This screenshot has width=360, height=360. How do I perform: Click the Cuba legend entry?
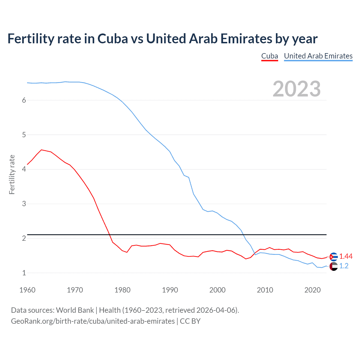(x=269, y=56)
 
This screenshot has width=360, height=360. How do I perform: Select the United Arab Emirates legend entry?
(x=318, y=56)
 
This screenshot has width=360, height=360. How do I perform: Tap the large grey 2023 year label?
(x=296, y=89)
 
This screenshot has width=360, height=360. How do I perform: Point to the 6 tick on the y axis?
(x=24, y=100)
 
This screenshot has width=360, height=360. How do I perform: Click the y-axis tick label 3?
(x=24, y=204)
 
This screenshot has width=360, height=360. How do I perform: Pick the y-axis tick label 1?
(x=24, y=273)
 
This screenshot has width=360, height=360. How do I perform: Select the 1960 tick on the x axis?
(x=27, y=290)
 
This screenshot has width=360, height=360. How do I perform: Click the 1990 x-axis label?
(x=170, y=290)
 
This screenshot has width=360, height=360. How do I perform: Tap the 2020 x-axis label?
(x=312, y=290)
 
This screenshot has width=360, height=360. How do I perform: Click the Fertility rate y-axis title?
(x=12, y=174)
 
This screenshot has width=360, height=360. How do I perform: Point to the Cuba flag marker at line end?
(x=334, y=256)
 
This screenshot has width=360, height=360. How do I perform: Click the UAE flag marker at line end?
(x=334, y=266)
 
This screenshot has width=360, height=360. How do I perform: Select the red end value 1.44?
(x=346, y=256)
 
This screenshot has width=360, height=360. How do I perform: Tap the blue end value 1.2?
(x=344, y=266)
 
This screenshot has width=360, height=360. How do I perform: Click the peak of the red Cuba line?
(x=42, y=150)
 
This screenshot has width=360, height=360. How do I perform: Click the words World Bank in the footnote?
(x=75, y=310)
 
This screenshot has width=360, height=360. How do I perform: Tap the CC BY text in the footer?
(x=190, y=321)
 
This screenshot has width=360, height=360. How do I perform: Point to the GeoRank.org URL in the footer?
(x=93, y=321)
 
